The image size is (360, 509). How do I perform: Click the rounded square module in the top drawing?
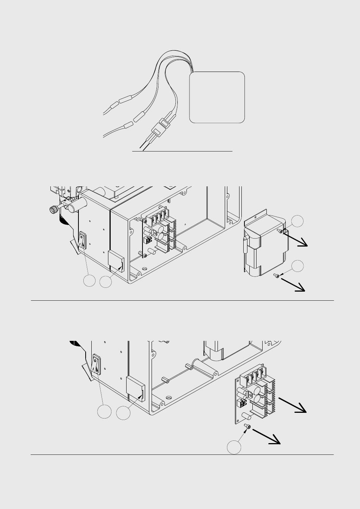217,97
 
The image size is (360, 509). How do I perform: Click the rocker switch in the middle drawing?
83,241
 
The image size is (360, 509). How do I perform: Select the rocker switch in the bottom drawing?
97,364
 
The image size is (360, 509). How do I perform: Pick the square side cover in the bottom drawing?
135,388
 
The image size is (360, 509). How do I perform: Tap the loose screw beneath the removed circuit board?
248,427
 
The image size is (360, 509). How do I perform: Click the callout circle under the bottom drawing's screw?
234,447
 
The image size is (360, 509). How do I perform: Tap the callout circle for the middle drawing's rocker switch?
89,281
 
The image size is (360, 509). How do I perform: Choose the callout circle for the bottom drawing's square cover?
123,413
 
